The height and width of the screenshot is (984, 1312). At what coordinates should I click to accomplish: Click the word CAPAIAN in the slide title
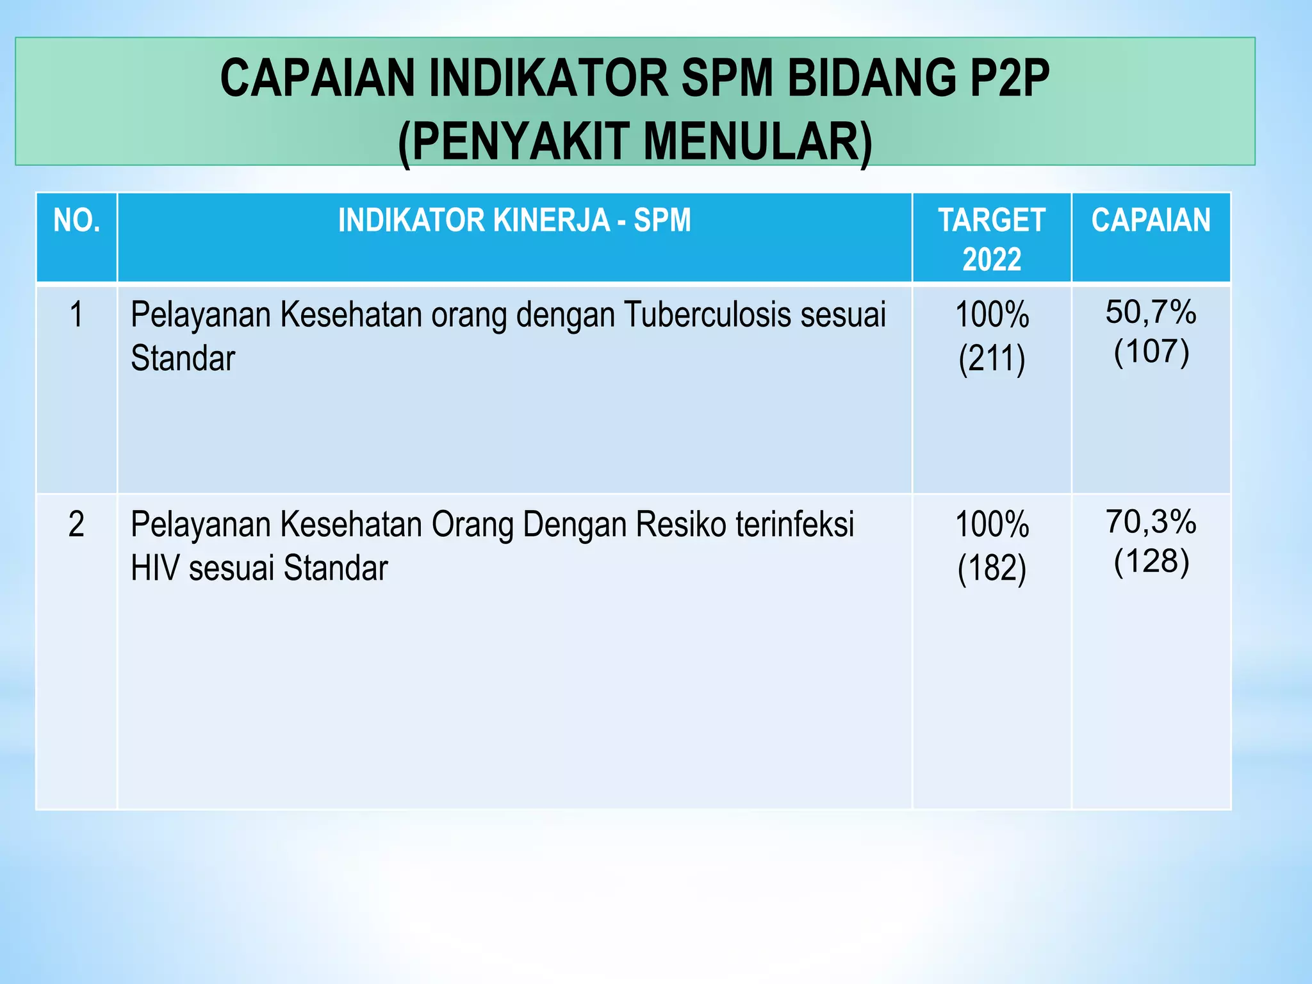(318, 78)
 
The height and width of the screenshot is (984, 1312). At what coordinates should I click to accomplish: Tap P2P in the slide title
(1010, 78)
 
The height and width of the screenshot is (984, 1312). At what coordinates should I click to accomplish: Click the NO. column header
(77, 220)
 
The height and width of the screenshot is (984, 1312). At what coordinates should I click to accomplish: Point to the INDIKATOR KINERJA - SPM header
(514, 220)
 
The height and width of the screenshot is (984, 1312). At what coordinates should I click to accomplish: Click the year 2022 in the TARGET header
(992, 259)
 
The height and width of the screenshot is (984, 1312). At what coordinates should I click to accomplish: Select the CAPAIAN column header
(1151, 220)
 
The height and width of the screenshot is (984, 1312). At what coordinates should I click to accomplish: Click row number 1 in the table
(76, 315)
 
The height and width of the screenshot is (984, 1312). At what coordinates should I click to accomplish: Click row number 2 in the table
(76, 525)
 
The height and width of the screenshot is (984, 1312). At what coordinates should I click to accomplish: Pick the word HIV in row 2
(154, 568)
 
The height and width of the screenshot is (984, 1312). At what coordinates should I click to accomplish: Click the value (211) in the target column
(992, 358)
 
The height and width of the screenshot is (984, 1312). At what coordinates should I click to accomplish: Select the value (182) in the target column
(992, 568)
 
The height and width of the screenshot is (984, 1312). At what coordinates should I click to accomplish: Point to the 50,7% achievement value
(1151, 312)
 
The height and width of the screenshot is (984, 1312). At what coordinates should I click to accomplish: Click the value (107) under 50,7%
(1151, 351)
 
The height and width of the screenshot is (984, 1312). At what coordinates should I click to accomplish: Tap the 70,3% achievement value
(1151, 521)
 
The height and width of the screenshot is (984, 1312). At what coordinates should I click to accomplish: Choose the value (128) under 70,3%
(1151, 561)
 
